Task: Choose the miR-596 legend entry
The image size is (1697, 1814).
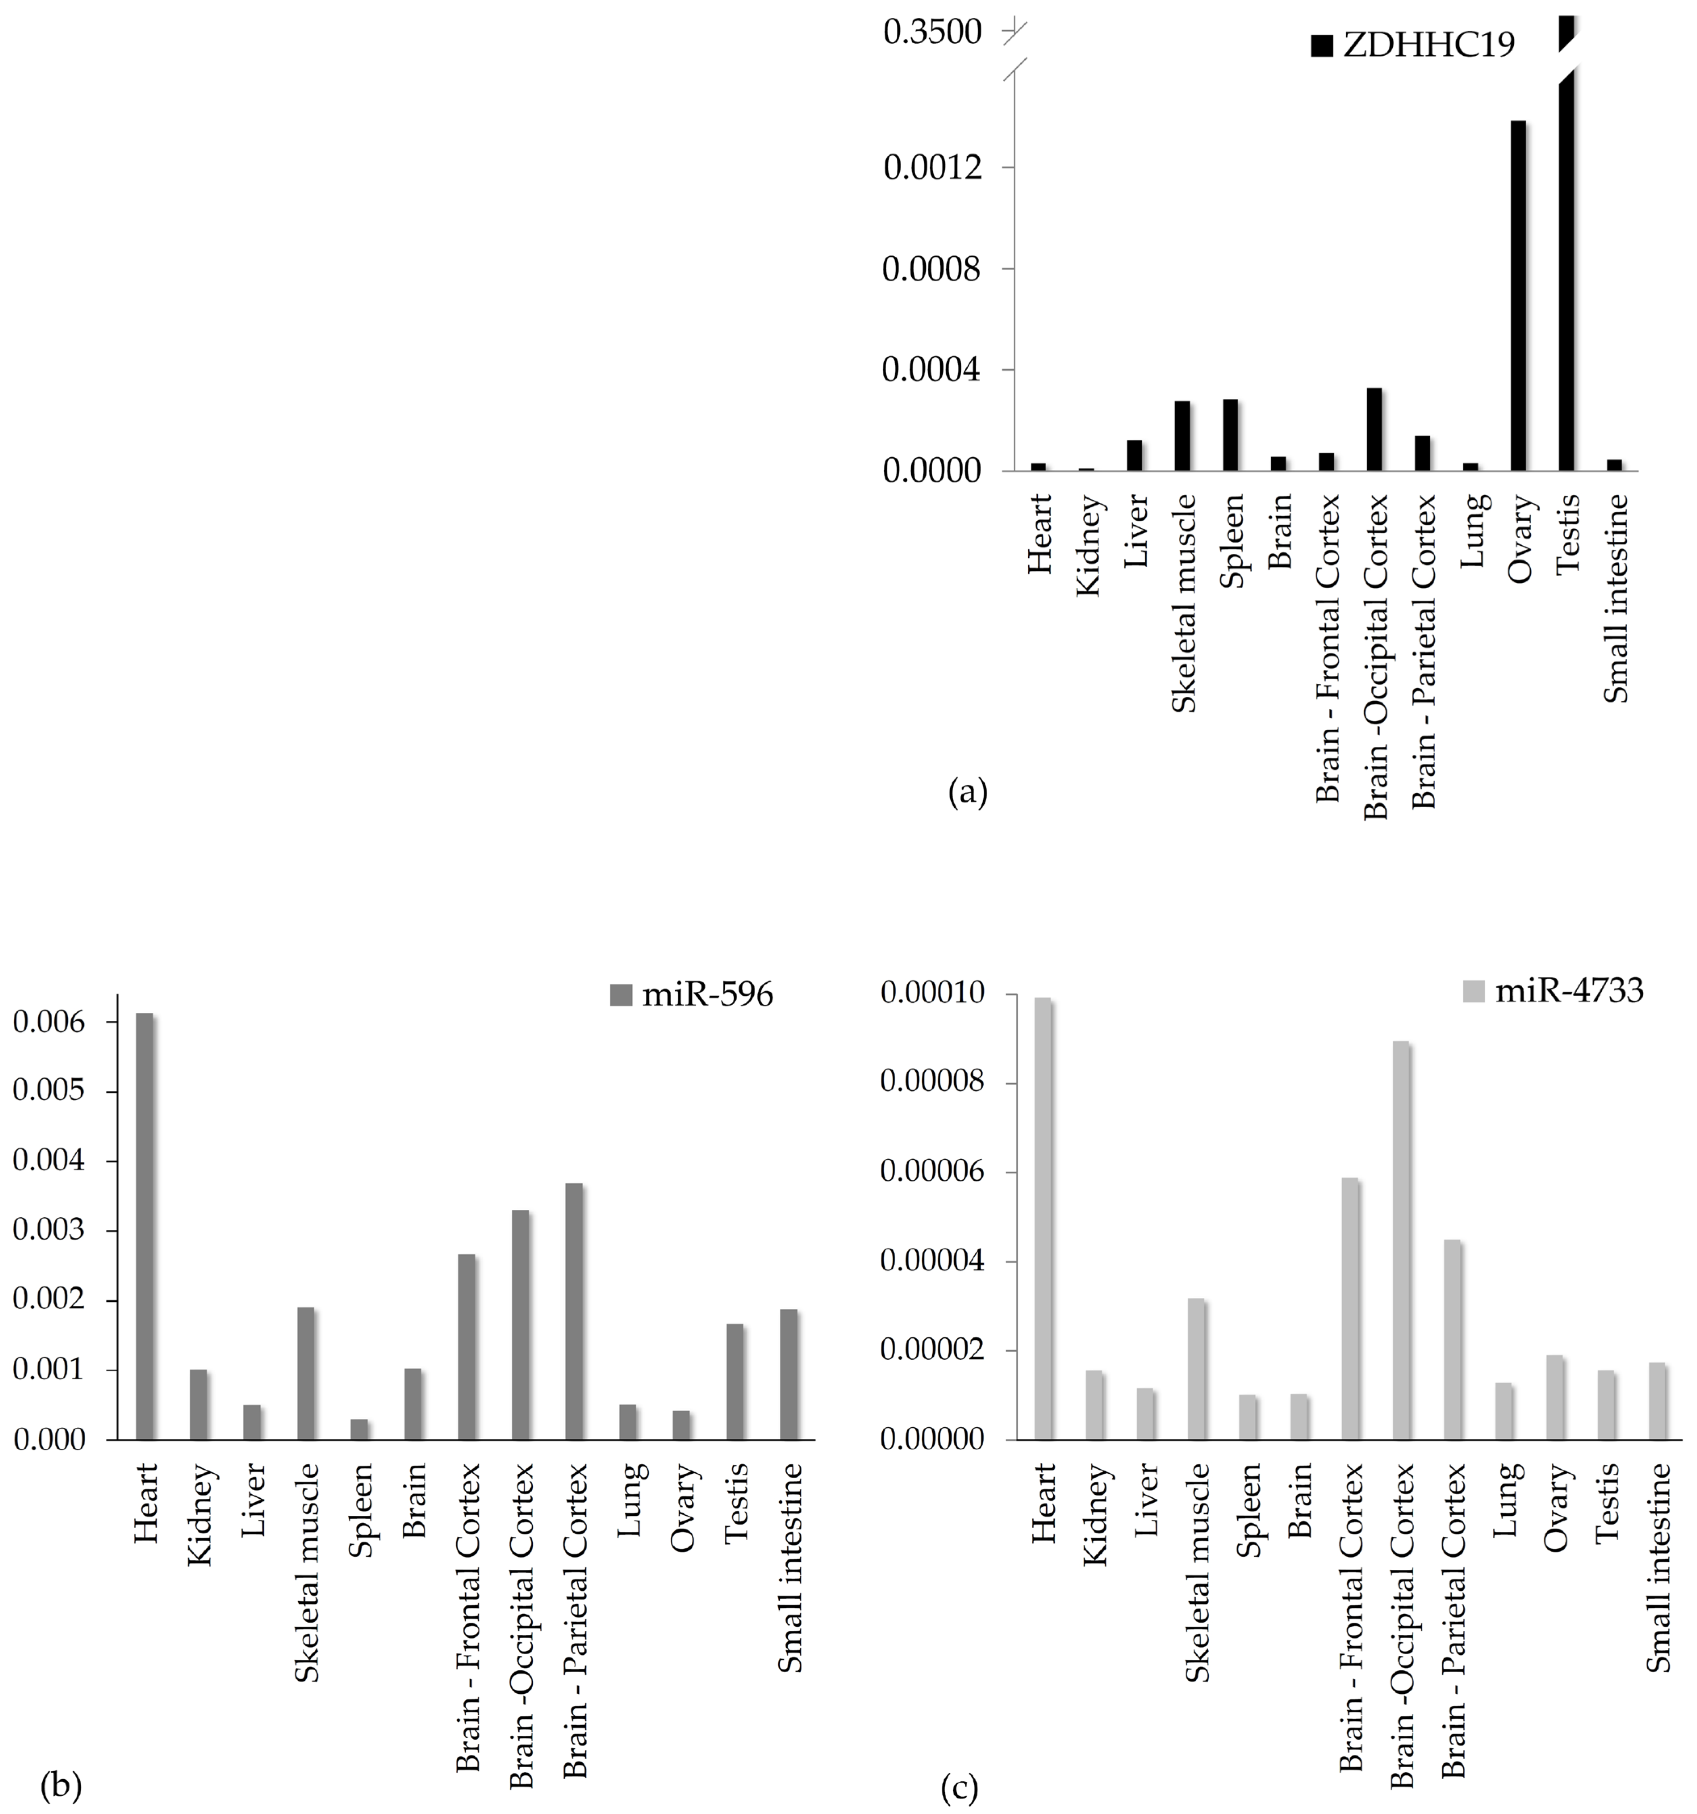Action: coord(692,995)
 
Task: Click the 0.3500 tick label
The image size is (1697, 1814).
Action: coord(931,33)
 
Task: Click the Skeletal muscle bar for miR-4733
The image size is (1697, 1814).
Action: coord(1196,1369)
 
